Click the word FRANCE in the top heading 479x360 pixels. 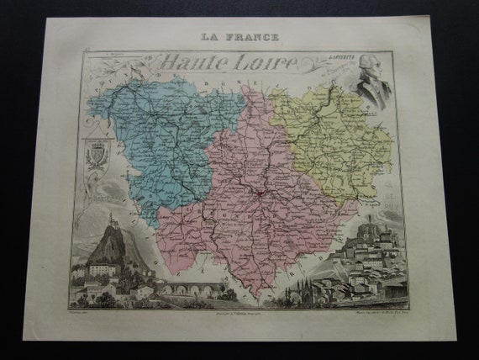point(255,37)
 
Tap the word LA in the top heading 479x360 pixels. point(213,37)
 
